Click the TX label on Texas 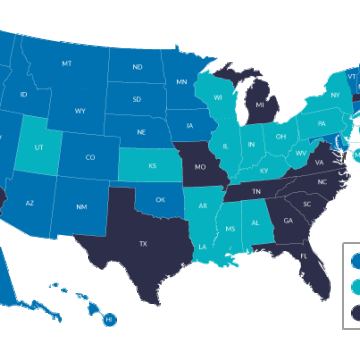click(x=143, y=243)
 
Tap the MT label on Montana click(x=67, y=63)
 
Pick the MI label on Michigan click(x=260, y=103)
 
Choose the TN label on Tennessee click(x=257, y=190)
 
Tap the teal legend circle click(x=356, y=288)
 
